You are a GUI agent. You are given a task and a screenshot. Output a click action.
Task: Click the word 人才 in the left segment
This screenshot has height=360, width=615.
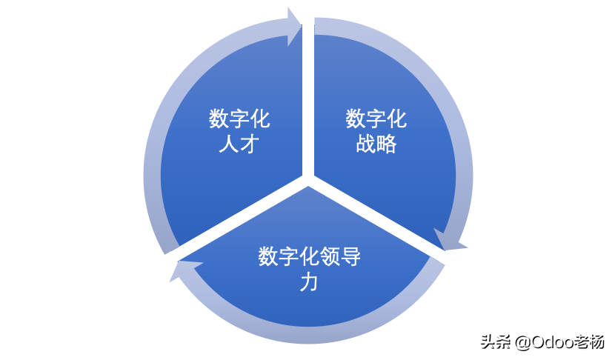click(x=239, y=144)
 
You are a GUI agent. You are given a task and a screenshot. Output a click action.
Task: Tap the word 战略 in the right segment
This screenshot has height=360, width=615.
click(x=376, y=144)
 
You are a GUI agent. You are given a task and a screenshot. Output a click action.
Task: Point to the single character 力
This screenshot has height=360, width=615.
click(x=309, y=281)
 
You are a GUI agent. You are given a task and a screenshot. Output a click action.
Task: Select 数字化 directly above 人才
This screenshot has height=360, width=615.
click(x=239, y=119)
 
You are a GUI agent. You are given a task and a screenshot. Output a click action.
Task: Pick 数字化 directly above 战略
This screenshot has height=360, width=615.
click(x=376, y=119)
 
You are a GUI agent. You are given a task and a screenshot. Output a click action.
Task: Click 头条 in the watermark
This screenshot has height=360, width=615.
click(x=493, y=341)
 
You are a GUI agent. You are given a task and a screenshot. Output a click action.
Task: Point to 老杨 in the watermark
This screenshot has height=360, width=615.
click(x=588, y=341)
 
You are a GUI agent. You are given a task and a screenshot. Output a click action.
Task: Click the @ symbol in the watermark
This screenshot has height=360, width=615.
click(x=521, y=341)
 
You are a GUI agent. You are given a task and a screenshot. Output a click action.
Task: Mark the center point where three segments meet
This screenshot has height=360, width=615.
click(x=307, y=180)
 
